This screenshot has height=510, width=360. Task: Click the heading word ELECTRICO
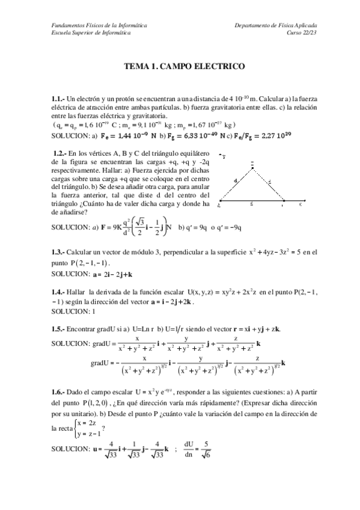pos(218,69)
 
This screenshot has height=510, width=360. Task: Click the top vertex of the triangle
pos(252,168)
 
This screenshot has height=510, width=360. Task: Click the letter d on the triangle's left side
pos(236,180)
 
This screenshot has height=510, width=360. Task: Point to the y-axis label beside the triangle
pos(224,156)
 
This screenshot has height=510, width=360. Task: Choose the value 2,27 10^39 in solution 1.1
pos(296,136)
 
